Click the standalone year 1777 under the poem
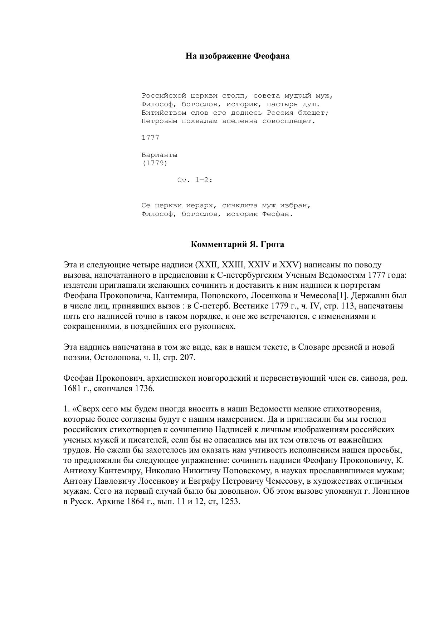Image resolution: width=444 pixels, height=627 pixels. click(x=150, y=138)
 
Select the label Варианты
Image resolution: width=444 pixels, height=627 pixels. click(x=160, y=155)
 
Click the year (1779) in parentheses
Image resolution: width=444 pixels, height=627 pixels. click(x=155, y=163)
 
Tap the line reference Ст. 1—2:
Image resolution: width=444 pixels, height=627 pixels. click(x=195, y=180)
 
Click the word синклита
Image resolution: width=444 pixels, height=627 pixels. click(x=240, y=206)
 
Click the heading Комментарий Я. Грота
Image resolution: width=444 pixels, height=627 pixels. click(x=237, y=245)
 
